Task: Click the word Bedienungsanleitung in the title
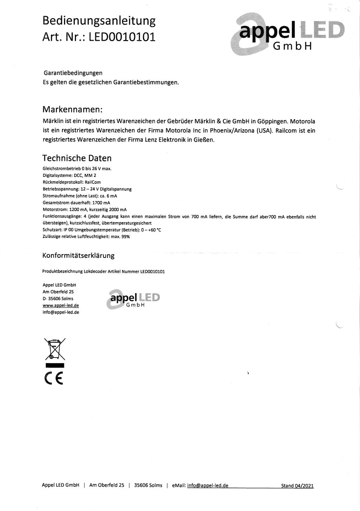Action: pyautogui.click(x=99, y=21)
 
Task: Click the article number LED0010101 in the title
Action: pyautogui.click(x=122, y=37)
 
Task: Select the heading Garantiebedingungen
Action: pyautogui.click(x=73, y=73)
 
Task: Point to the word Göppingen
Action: pyautogui.click(x=272, y=122)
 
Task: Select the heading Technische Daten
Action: pyautogui.click(x=77, y=158)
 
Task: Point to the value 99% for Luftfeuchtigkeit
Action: pyautogui.click(x=126, y=237)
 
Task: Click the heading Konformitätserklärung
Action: pyautogui.click(x=78, y=256)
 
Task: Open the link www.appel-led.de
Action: pyautogui.click(x=60, y=305)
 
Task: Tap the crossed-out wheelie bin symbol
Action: pyautogui.click(x=55, y=349)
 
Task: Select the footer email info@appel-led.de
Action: pyautogui.click(x=208, y=486)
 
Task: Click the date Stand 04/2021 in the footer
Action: pyautogui.click(x=297, y=486)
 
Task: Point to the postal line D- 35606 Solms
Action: pyautogui.click(x=58, y=299)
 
